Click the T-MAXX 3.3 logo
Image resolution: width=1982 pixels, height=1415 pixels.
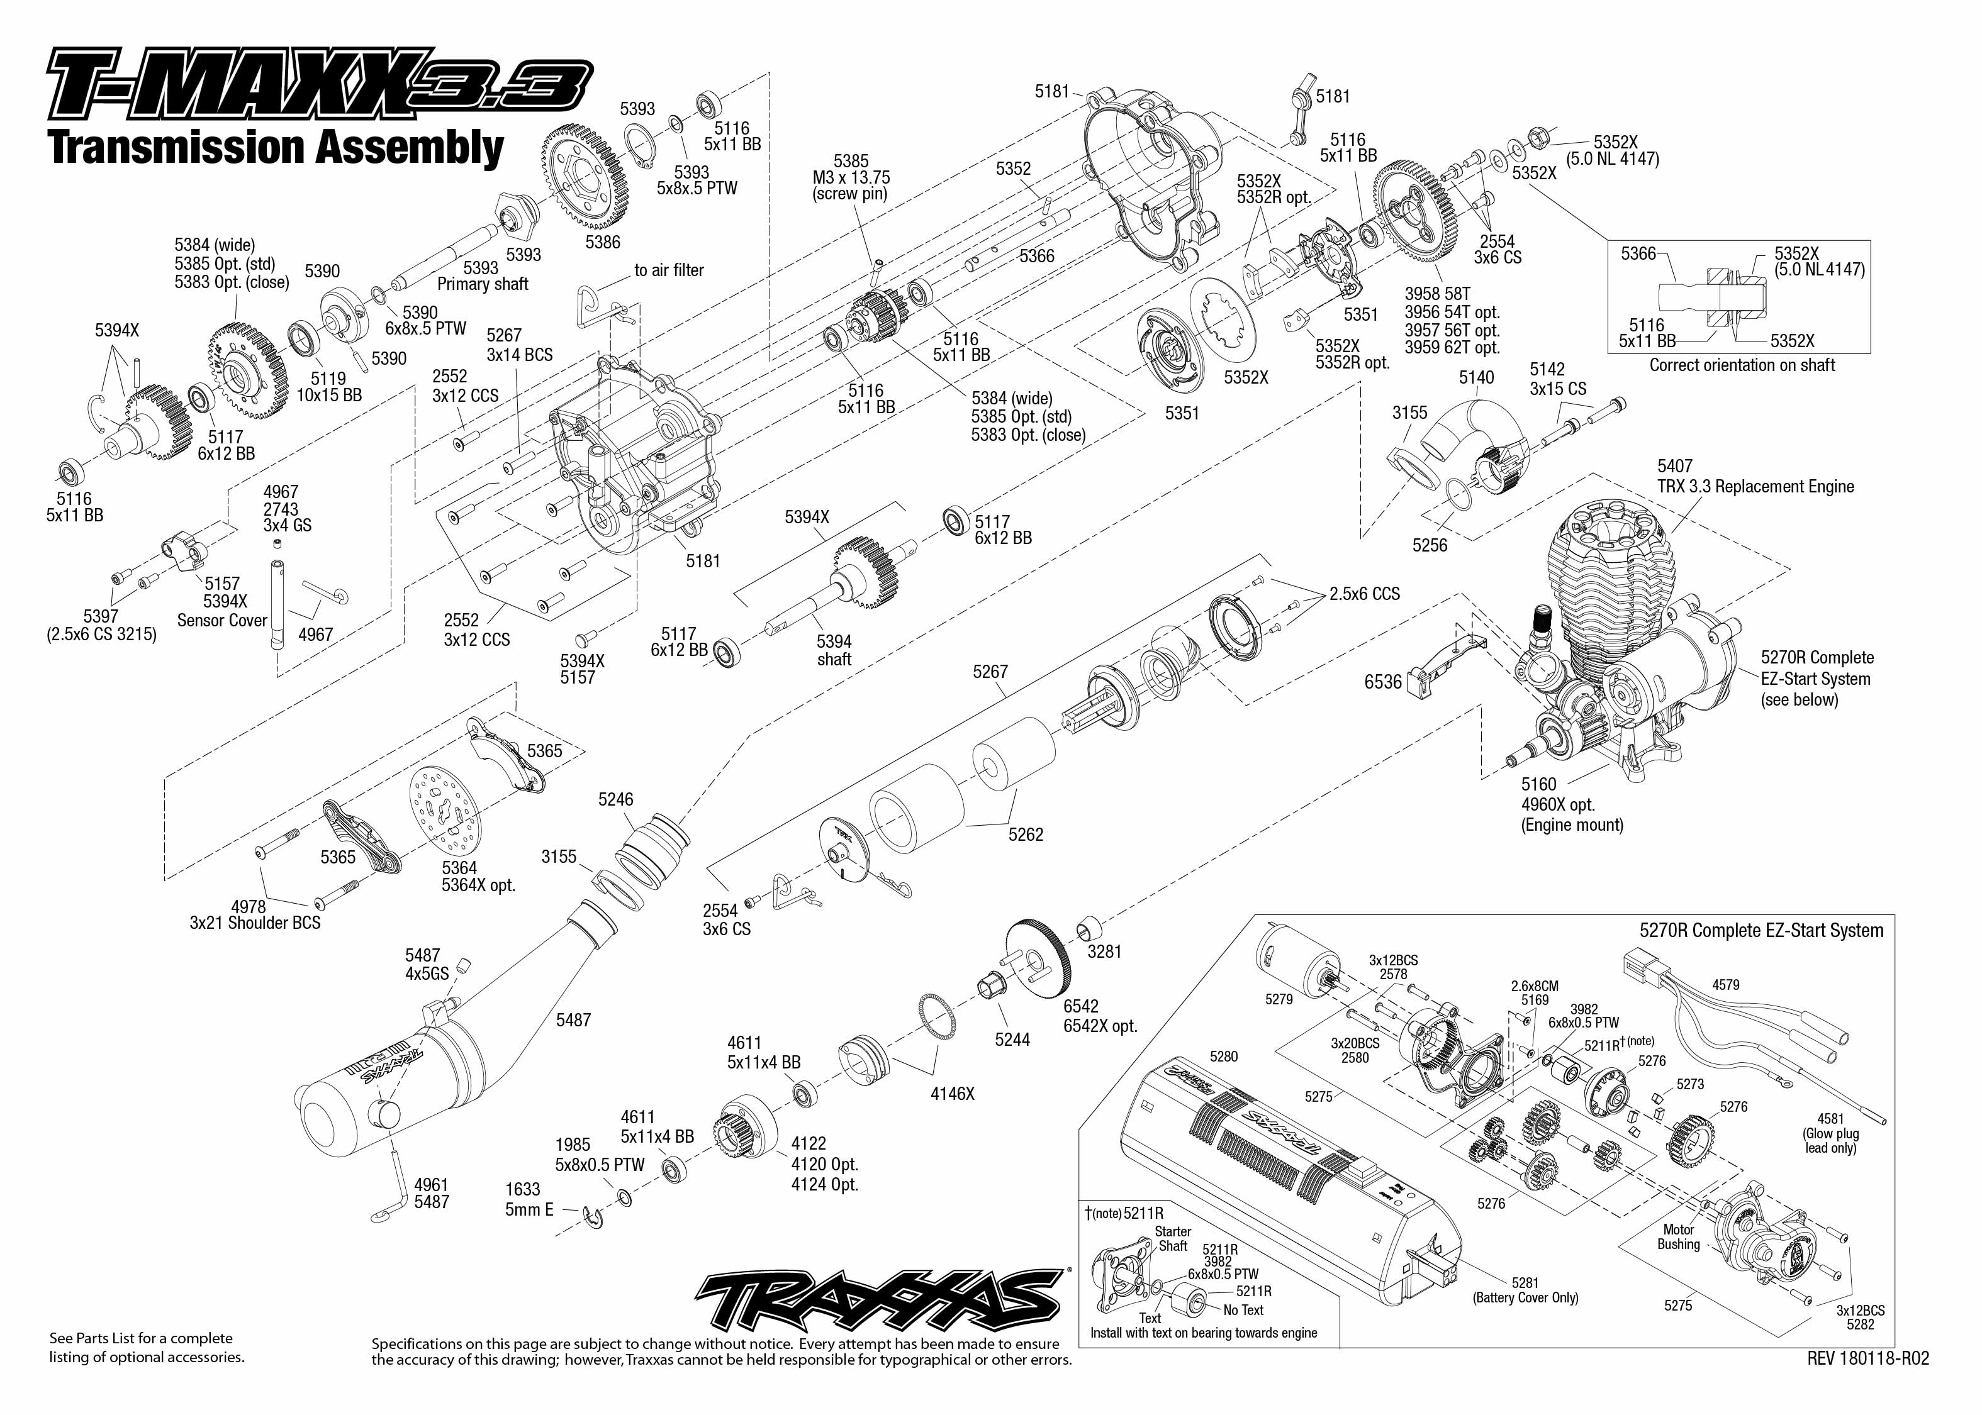[x=319, y=84]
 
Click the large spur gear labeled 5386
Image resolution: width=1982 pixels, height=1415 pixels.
[x=589, y=179]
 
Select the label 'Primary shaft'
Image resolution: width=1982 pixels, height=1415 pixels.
[x=482, y=284]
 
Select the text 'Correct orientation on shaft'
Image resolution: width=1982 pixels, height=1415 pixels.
[x=1742, y=365]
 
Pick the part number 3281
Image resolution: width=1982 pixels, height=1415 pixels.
[x=1104, y=952]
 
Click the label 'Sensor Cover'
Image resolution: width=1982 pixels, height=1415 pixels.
[x=221, y=620]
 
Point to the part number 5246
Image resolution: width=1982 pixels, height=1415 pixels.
[x=615, y=799]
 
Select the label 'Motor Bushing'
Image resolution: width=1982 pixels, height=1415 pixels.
[x=1678, y=1237]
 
